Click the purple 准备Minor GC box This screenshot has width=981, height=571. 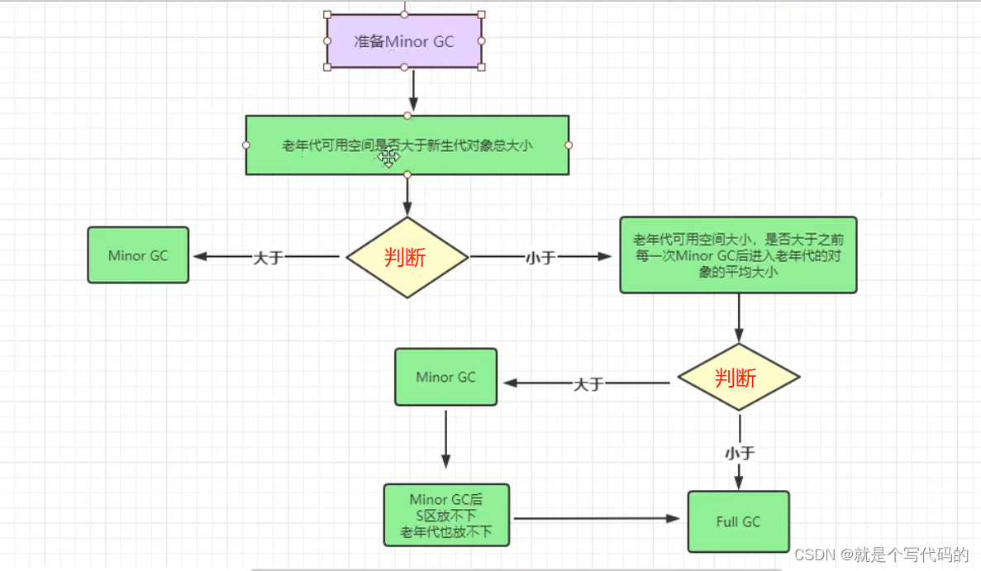tap(404, 40)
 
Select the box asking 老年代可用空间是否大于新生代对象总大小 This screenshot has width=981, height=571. tap(407, 145)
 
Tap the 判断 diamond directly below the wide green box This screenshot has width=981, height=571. tap(407, 257)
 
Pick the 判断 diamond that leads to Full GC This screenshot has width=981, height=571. tap(738, 378)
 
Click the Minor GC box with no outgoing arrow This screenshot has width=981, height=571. tap(138, 255)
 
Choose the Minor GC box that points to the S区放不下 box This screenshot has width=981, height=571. tap(445, 377)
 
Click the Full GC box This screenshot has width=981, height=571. tap(738, 521)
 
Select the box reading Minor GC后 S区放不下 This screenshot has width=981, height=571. tap(446, 516)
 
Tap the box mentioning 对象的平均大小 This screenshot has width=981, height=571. tap(738, 255)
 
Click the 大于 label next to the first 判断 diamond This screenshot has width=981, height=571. tap(268, 258)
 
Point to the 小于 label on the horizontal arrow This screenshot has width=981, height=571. tap(541, 258)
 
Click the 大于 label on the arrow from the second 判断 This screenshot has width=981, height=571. tap(589, 384)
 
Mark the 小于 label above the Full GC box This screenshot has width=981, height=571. tap(740, 453)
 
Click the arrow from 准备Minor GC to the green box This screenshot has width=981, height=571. tap(413, 91)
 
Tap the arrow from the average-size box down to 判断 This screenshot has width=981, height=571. tap(739, 317)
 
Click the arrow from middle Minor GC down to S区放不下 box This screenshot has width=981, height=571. tap(446, 438)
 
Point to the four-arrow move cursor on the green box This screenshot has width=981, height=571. tap(389, 156)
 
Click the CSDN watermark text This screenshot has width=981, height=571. tap(881, 553)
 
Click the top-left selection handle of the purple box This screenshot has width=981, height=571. tap(328, 15)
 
